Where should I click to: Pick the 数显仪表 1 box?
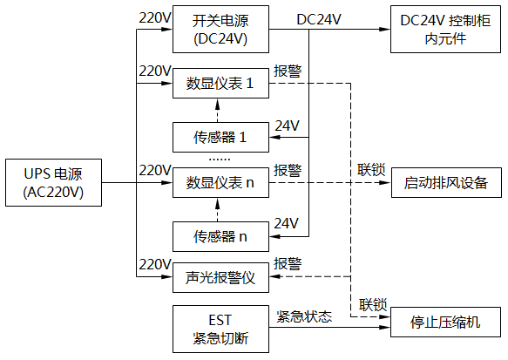(220, 84)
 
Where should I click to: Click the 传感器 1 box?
(220, 137)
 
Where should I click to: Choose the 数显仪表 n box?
(220, 182)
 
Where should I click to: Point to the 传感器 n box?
(220, 235)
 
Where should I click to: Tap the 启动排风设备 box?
(445, 182)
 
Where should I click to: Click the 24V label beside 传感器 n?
(287, 221)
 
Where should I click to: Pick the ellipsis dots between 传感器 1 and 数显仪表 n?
(220, 160)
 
